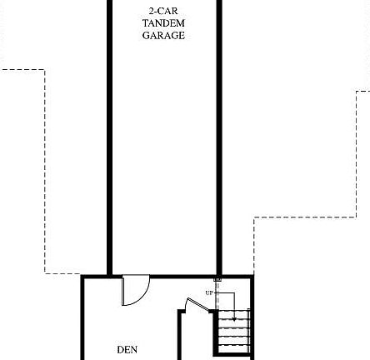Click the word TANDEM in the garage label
(163, 23)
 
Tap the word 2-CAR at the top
(163, 11)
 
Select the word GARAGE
(163, 36)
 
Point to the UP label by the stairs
(208, 292)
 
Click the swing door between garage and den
(134, 289)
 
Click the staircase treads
(234, 337)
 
